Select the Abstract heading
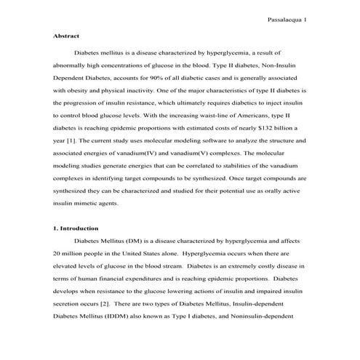click(66, 36)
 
